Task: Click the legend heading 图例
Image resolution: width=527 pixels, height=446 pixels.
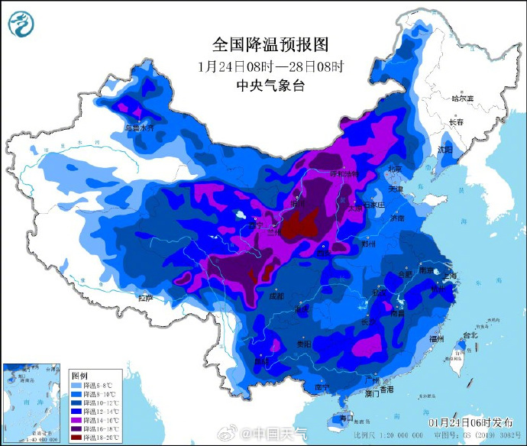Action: coord(79,375)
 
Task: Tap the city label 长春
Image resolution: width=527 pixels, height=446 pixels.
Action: coord(456,122)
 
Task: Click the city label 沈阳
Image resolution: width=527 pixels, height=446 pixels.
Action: coord(445,148)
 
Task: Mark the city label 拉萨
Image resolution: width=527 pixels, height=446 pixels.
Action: coord(145,296)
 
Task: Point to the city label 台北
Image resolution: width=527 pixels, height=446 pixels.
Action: coord(470,334)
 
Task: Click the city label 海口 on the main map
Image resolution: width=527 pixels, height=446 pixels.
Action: coord(346,419)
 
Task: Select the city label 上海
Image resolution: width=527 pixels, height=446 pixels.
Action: coord(449,276)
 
